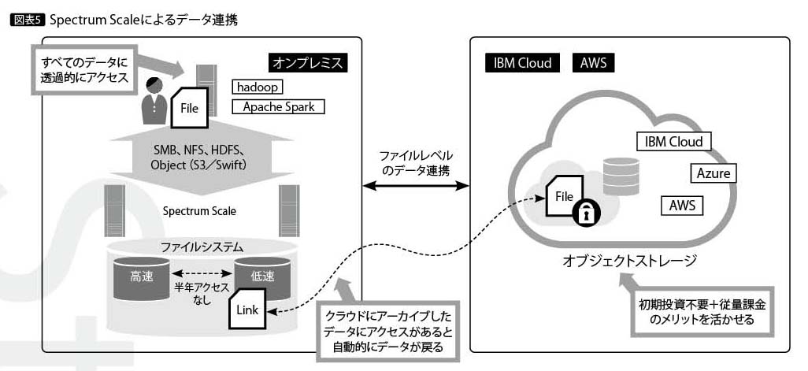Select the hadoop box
pos(258,87)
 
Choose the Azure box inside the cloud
pos(714,173)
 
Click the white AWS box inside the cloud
pos(681,205)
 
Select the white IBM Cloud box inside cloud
pos(673,142)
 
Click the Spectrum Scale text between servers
pos(199,211)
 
